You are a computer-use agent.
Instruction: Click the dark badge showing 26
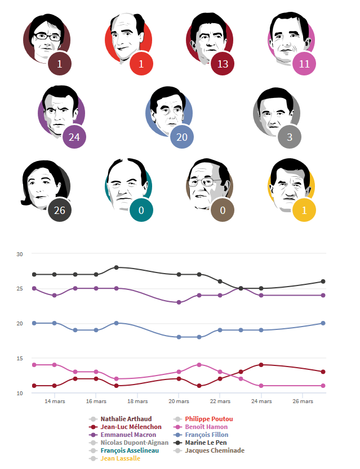pyautogui.click(x=59, y=211)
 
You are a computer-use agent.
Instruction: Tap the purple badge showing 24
pyautogui.click(x=74, y=137)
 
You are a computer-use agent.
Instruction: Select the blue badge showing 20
pyautogui.click(x=182, y=137)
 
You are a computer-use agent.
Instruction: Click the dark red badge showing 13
pyautogui.click(x=223, y=64)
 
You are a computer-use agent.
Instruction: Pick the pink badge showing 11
pyautogui.click(x=304, y=64)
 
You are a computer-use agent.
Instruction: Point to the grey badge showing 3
pyautogui.click(x=289, y=137)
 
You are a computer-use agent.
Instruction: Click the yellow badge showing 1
pyautogui.click(x=304, y=211)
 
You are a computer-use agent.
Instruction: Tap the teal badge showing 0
pyautogui.click(x=141, y=211)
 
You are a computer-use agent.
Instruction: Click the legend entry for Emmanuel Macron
pyautogui.click(x=125, y=435)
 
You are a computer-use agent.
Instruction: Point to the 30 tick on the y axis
pyautogui.click(x=19, y=254)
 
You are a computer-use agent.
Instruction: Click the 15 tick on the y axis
pyautogui.click(x=19, y=359)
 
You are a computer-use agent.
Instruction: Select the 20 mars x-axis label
pyautogui.click(x=179, y=401)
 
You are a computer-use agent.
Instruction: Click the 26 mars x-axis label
pyautogui.click(x=303, y=401)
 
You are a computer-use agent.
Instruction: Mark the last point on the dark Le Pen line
pyautogui.click(x=323, y=282)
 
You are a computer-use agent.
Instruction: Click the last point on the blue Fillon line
pyautogui.click(x=323, y=323)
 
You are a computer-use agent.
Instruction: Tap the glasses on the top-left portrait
pyautogui.click(x=46, y=36)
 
